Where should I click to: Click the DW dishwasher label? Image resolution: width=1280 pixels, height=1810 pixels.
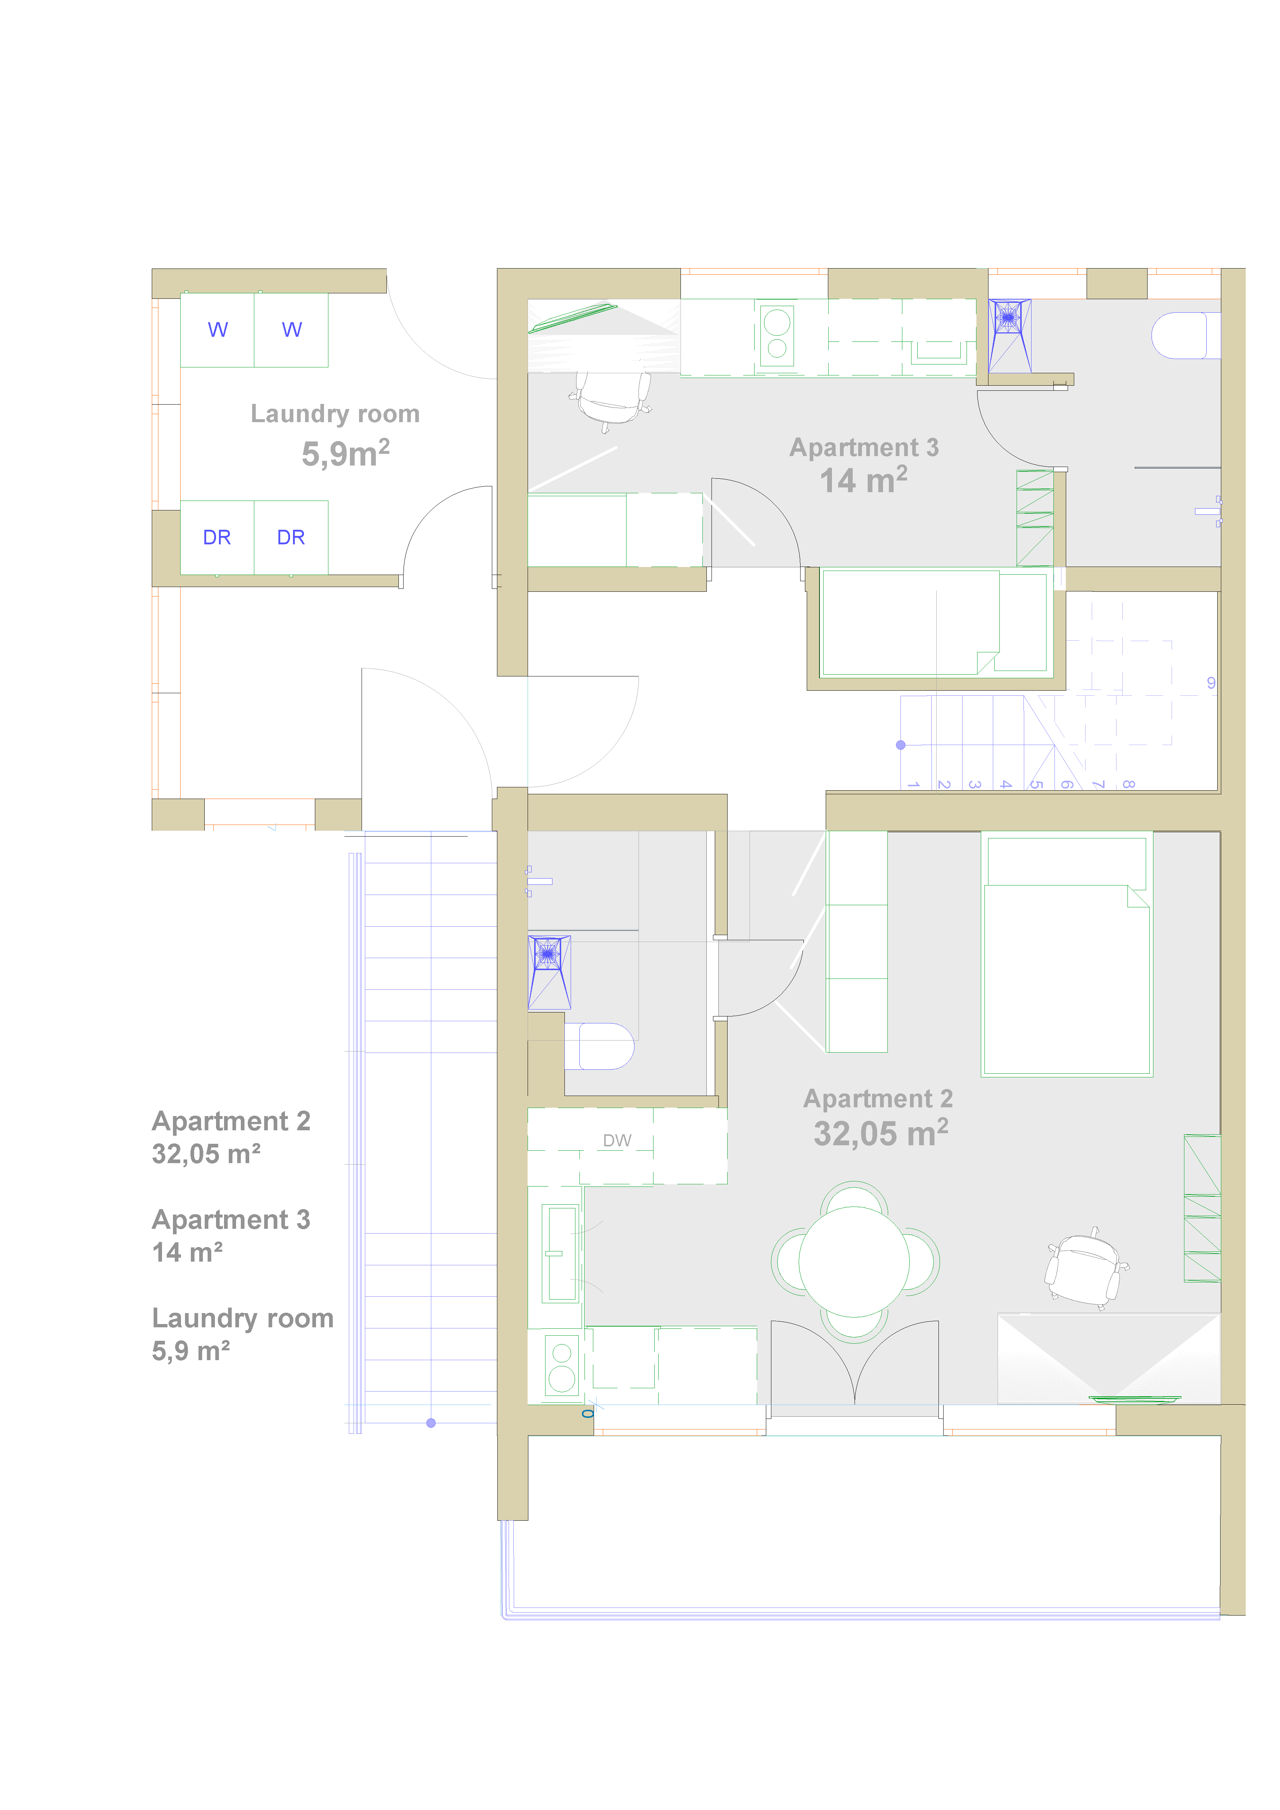[617, 1141]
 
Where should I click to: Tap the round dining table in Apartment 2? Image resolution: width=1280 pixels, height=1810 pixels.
[855, 1261]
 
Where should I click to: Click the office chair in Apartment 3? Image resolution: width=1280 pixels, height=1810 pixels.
[611, 398]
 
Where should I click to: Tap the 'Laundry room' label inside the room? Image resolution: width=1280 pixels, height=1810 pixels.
[335, 414]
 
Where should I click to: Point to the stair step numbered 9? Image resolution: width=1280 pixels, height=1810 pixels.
[1211, 683]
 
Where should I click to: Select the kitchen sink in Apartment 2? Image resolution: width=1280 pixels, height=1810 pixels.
[562, 1253]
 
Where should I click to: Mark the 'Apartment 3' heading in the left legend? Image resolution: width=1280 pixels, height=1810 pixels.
[231, 1220]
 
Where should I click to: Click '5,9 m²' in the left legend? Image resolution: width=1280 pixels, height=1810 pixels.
[191, 1350]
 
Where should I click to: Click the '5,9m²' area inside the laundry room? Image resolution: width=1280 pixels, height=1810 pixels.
[345, 453]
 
